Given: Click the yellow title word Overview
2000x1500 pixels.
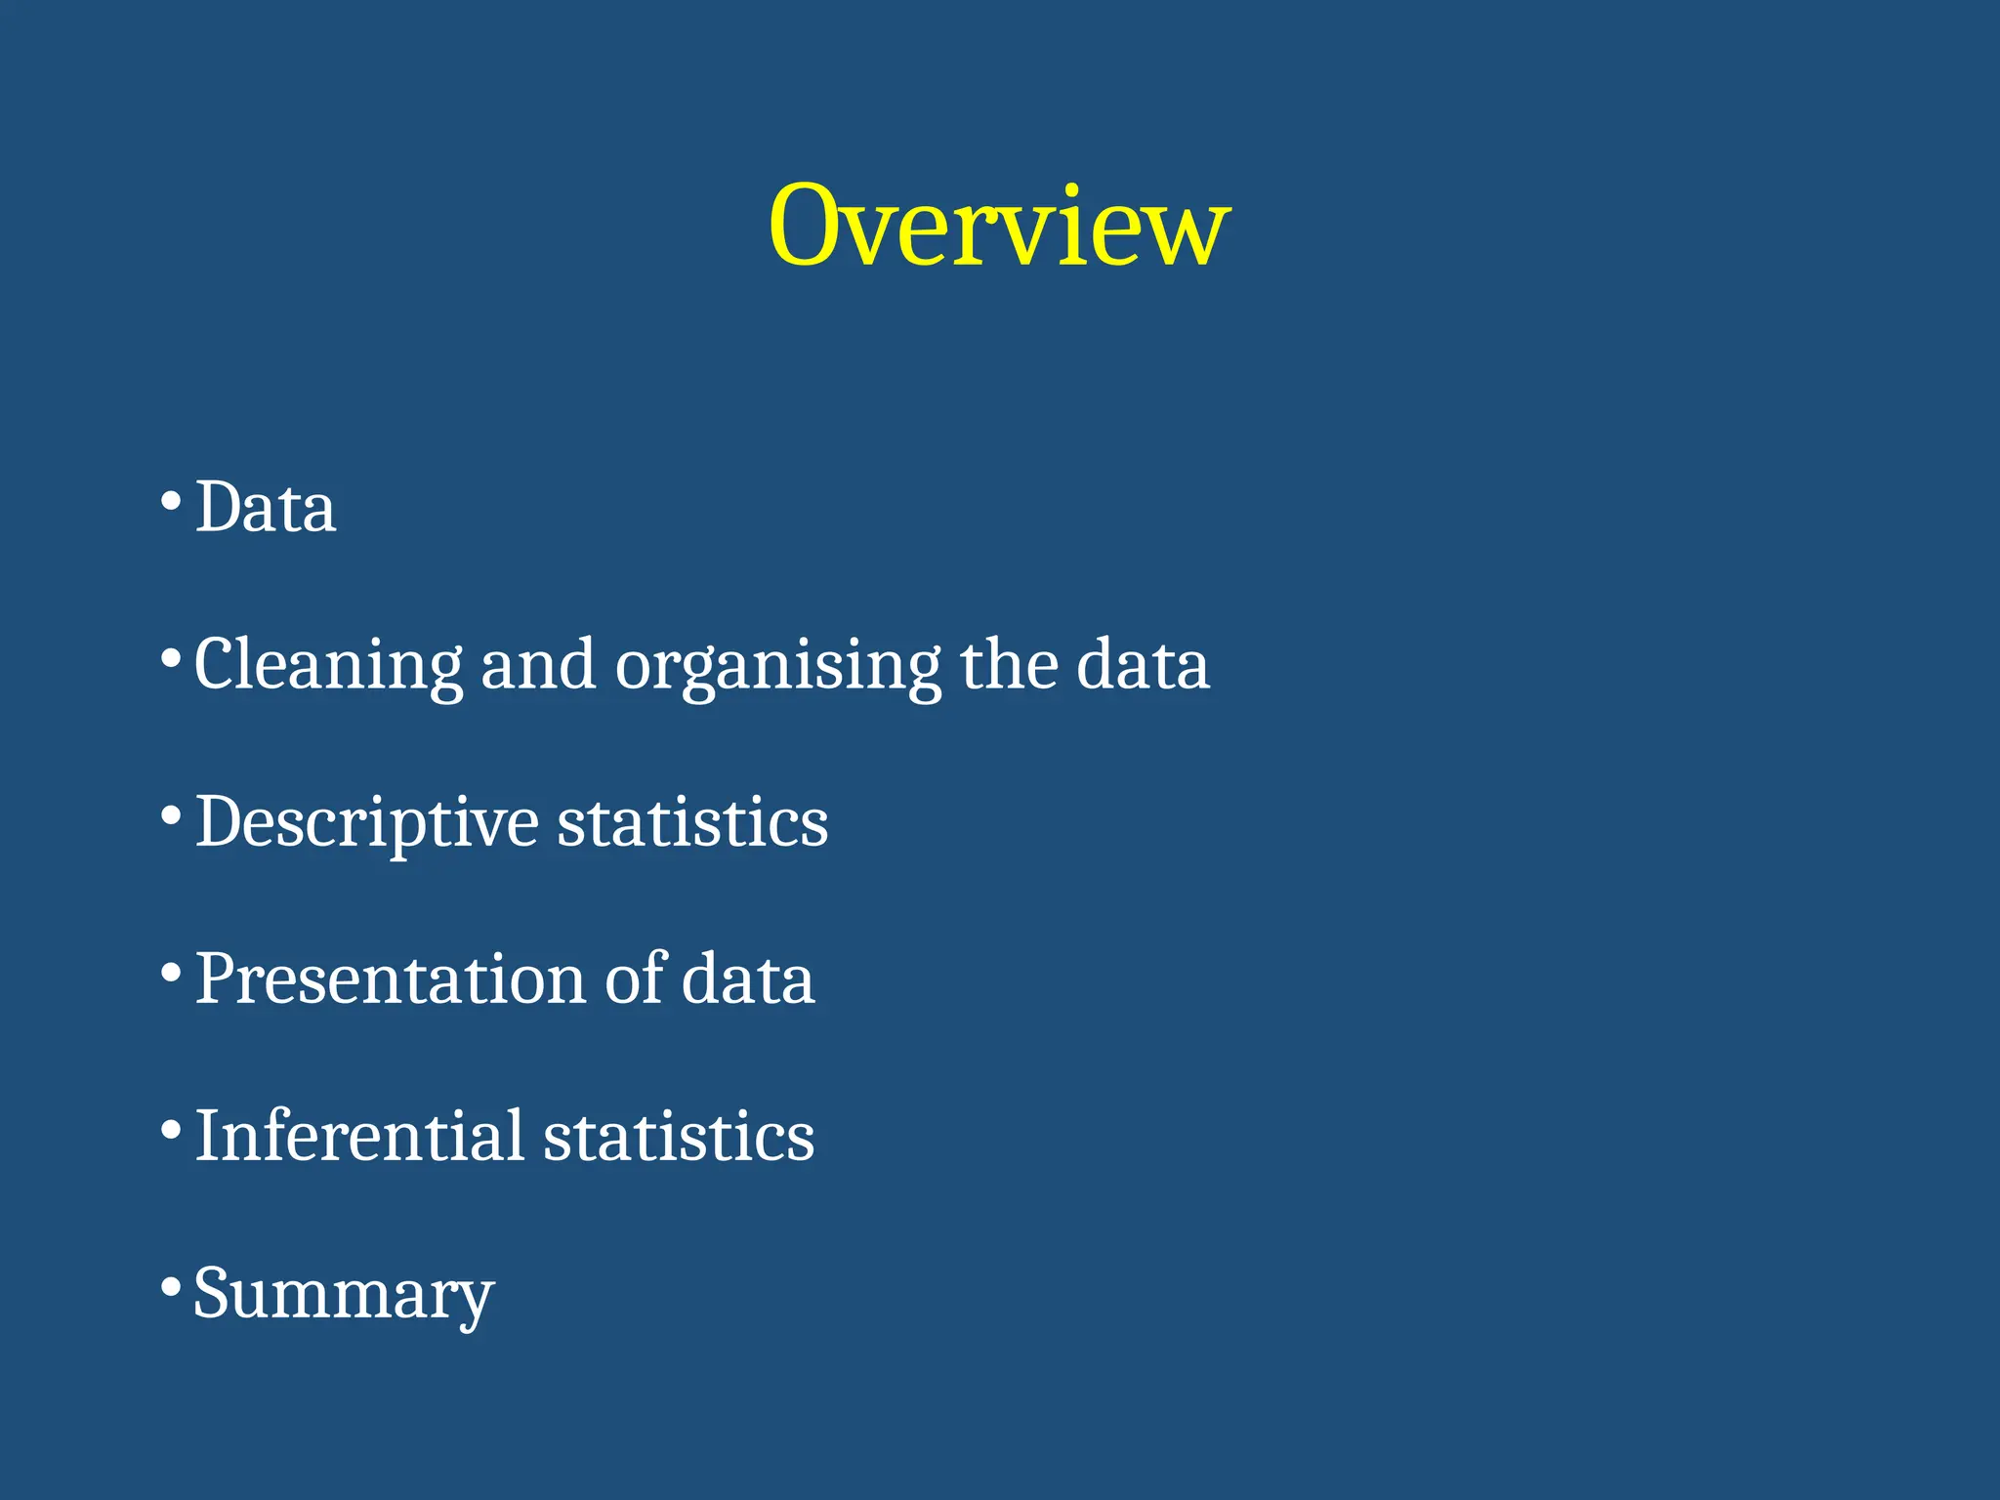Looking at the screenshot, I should click(x=998, y=227).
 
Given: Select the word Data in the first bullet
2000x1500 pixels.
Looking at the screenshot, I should click(x=266, y=508).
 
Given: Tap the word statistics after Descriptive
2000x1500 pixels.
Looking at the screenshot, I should click(x=692, y=823).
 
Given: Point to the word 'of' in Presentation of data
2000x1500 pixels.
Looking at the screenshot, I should click(x=635, y=979).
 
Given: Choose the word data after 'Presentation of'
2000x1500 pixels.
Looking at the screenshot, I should click(x=748, y=979).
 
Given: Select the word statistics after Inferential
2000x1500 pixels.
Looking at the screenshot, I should click(x=679, y=1137).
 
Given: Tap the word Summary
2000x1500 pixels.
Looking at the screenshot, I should click(x=344, y=1295).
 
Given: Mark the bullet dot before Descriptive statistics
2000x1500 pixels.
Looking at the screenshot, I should click(x=171, y=814).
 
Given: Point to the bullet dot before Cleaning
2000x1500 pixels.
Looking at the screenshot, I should click(x=171, y=657).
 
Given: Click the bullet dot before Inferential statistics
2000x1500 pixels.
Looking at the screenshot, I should click(x=171, y=1129).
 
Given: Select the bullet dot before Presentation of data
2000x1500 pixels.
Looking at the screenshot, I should click(x=171, y=972).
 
